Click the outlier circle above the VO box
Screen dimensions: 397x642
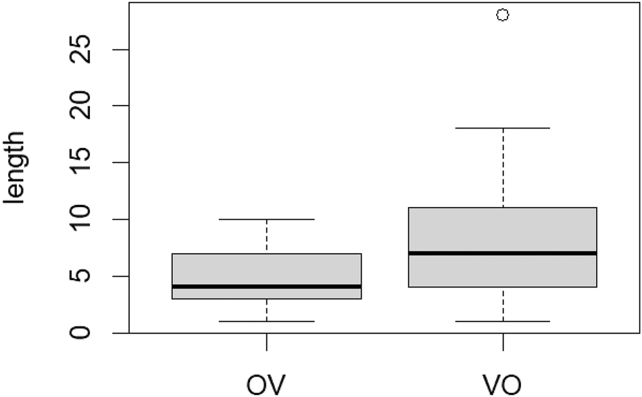(x=503, y=15)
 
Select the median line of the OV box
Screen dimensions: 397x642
(x=267, y=287)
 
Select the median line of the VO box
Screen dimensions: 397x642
(x=503, y=253)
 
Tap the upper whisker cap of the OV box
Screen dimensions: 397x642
(x=267, y=219)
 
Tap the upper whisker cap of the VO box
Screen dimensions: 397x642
(x=503, y=128)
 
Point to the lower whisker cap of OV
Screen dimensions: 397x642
(x=267, y=321)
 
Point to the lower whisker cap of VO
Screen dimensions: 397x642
(x=503, y=321)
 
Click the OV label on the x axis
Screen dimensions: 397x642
(x=267, y=383)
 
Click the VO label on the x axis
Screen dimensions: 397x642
(x=503, y=383)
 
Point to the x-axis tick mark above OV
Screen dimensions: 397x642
(x=267, y=342)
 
